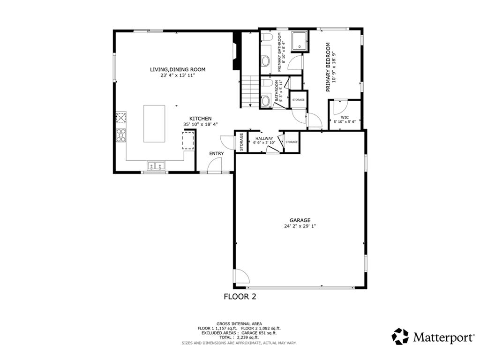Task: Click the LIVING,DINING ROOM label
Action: coord(177,69)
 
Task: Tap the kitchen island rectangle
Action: coord(154,123)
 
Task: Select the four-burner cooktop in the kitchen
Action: coord(121,135)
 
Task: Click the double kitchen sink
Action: coord(156,165)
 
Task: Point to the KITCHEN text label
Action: coord(200,119)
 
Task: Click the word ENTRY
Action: coord(217,153)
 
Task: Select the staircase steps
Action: coord(249,91)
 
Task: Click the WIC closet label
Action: coord(345,117)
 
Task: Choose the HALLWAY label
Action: coord(264,138)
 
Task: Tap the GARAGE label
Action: coord(300,220)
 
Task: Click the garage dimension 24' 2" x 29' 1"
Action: coord(300,226)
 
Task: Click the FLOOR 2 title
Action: coord(240,296)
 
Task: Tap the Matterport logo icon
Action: coord(400,336)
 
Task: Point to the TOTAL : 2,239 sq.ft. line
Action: coord(239,337)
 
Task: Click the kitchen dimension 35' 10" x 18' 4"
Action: coord(200,125)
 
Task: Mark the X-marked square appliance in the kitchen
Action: coord(121,117)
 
